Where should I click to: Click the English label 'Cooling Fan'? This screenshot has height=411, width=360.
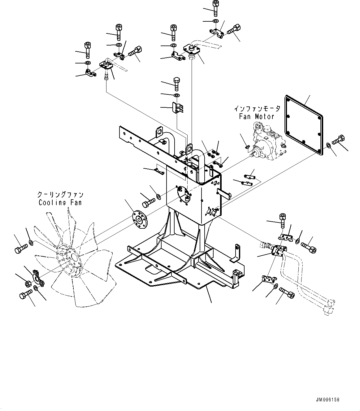(x=60, y=203)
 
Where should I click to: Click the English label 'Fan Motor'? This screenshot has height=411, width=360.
(x=257, y=117)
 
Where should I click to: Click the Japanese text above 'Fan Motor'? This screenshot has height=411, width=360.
(x=257, y=109)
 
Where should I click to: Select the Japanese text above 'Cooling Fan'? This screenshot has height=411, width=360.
(x=60, y=195)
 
